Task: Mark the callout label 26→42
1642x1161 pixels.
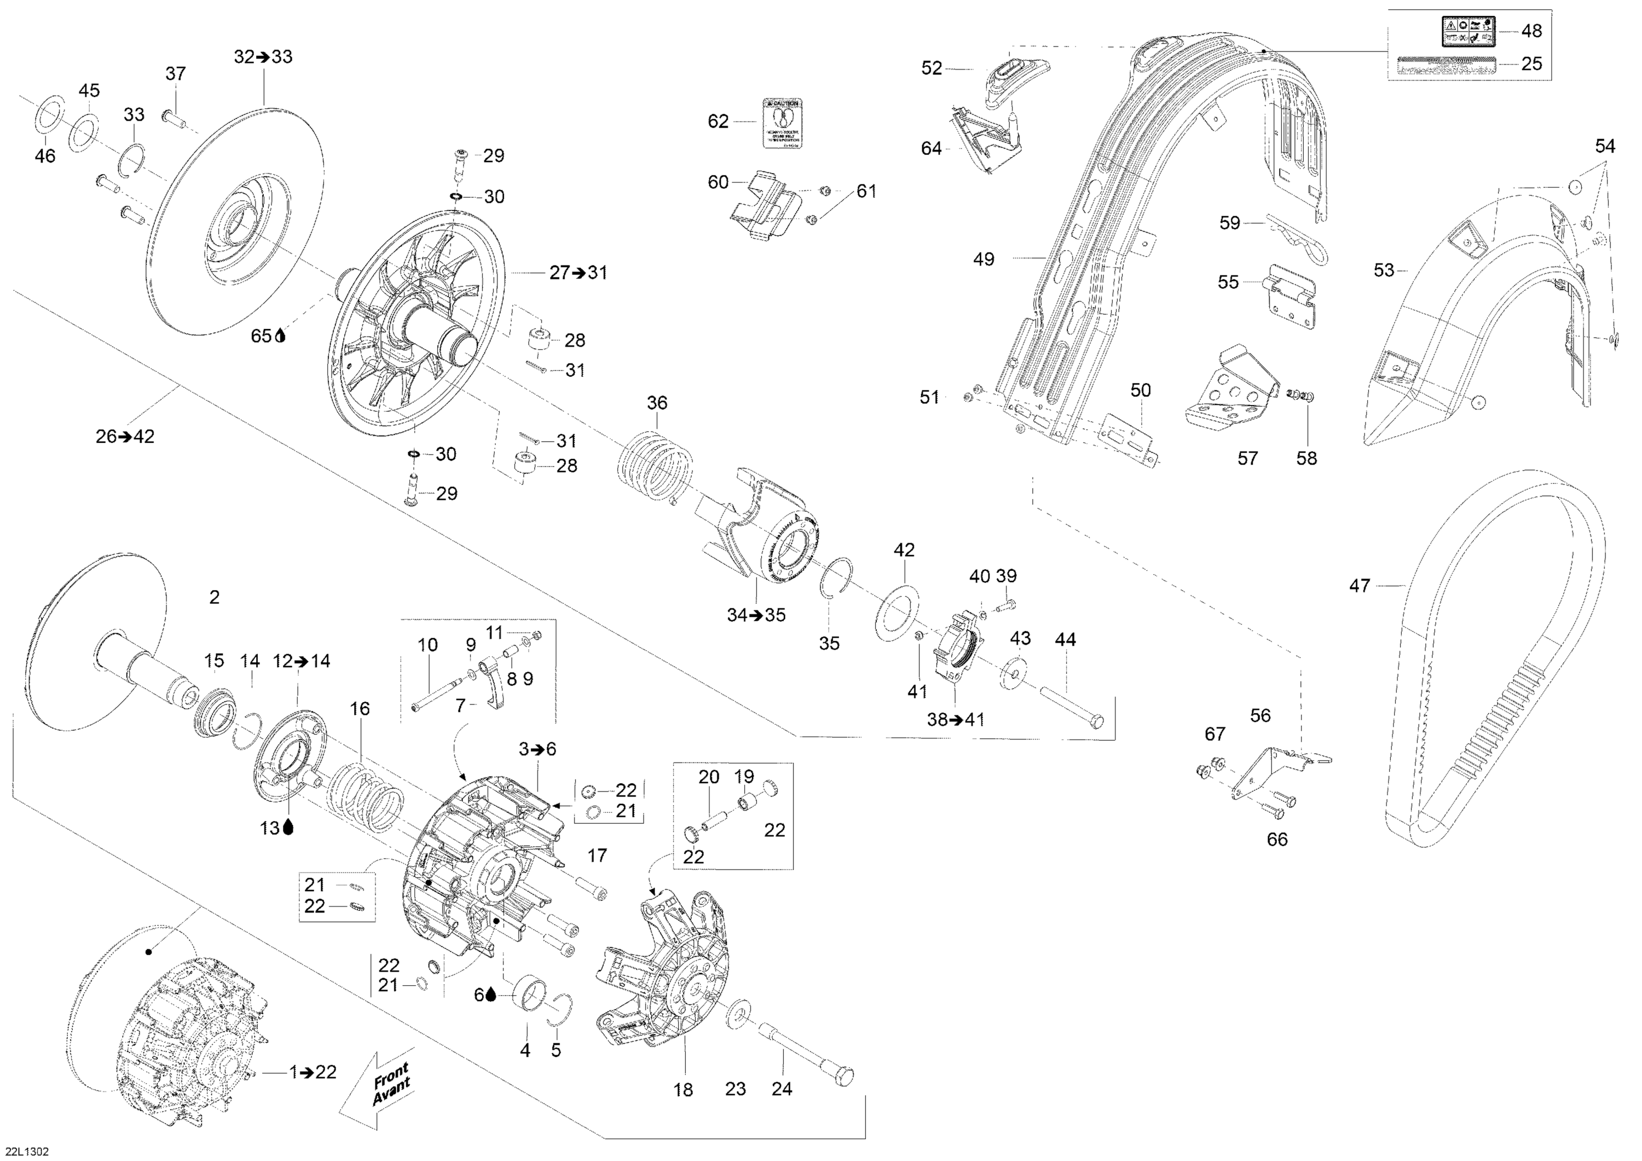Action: click(125, 436)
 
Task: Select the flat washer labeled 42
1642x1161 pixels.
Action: click(898, 613)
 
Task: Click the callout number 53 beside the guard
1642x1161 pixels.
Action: click(1384, 270)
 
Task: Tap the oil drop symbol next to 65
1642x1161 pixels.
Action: click(280, 336)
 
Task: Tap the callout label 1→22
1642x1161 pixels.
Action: click(313, 1072)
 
